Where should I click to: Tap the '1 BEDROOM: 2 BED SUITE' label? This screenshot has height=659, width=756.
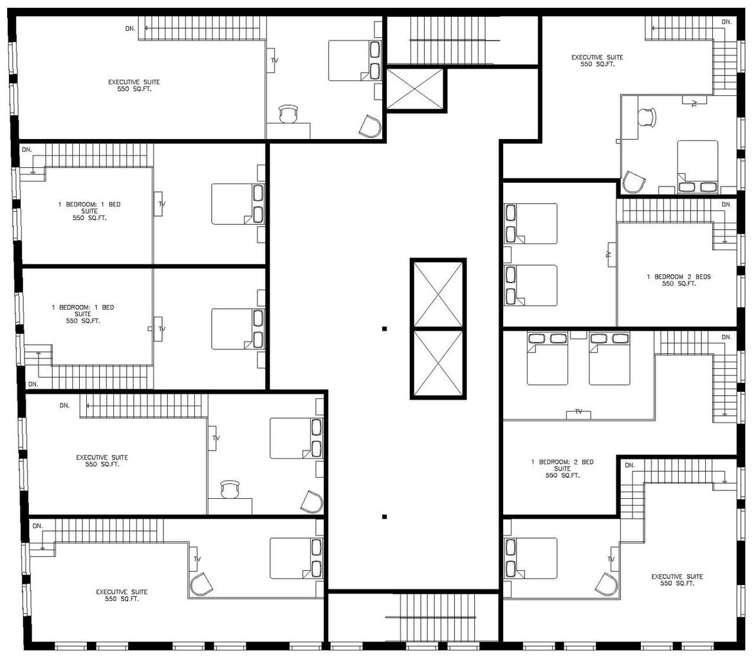tap(562, 469)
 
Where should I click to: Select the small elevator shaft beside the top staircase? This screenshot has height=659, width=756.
tap(414, 89)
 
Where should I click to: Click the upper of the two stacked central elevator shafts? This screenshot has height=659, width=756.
tap(438, 294)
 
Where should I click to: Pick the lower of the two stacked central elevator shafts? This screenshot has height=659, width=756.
tap(438, 363)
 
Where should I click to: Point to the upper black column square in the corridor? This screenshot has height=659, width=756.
tap(384, 329)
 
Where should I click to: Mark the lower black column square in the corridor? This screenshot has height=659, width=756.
tap(384, 517)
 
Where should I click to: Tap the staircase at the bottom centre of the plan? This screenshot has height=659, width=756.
tap(438, 618)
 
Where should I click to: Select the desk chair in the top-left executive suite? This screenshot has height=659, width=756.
tap(288, 114)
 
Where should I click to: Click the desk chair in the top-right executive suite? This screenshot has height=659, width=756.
tap(647, 116)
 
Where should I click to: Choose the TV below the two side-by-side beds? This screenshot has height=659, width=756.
tap(578, 413)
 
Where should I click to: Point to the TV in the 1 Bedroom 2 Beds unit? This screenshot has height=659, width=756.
tap(611, 254)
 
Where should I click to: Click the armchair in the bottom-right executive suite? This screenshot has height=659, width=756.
tap(607, 584)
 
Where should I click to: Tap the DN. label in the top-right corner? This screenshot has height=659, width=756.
tap(726, 22)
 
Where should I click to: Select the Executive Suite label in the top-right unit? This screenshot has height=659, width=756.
tap(597, 60)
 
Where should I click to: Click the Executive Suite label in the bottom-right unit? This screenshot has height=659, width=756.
tap(677, 580)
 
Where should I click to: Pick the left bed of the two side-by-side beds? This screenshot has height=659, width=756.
tap(548, 358)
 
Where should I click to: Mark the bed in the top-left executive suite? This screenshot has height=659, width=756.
tap(355, 60)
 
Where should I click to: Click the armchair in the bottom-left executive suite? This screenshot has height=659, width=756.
tap(201, 585)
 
